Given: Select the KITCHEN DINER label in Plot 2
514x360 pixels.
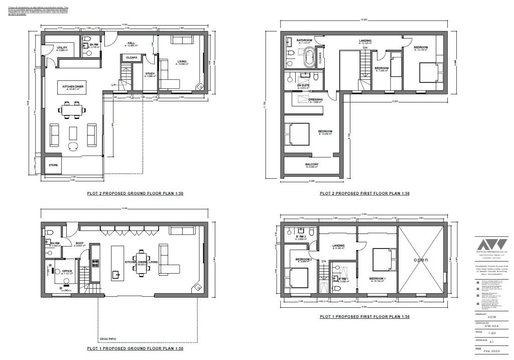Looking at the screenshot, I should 73,86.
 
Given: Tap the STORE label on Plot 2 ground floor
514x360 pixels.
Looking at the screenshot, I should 53,164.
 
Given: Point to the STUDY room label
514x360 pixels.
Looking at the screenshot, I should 150,74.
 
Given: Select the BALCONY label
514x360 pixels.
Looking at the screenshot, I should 311,164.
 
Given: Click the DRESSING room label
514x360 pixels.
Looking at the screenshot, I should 316,99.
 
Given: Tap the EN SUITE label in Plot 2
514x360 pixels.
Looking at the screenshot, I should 303,86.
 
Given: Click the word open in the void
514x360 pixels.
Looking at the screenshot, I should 421,260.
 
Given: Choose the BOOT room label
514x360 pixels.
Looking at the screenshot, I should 79,244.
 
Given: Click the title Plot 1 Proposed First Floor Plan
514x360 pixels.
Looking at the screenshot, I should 364,317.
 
